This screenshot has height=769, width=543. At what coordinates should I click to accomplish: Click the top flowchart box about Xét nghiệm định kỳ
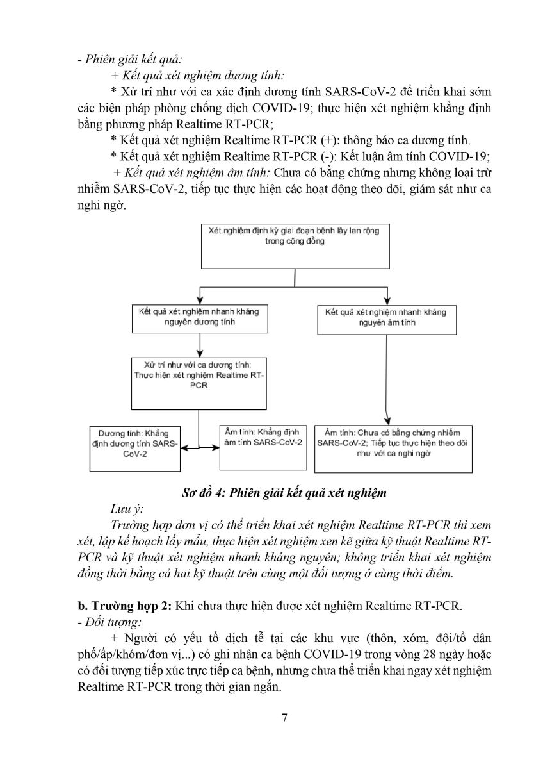tap(294, 245)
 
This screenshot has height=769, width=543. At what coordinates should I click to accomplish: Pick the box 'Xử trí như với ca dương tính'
tap(199, 383)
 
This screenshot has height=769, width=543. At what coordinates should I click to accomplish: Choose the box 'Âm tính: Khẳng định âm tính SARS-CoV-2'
tap(259, 446)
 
